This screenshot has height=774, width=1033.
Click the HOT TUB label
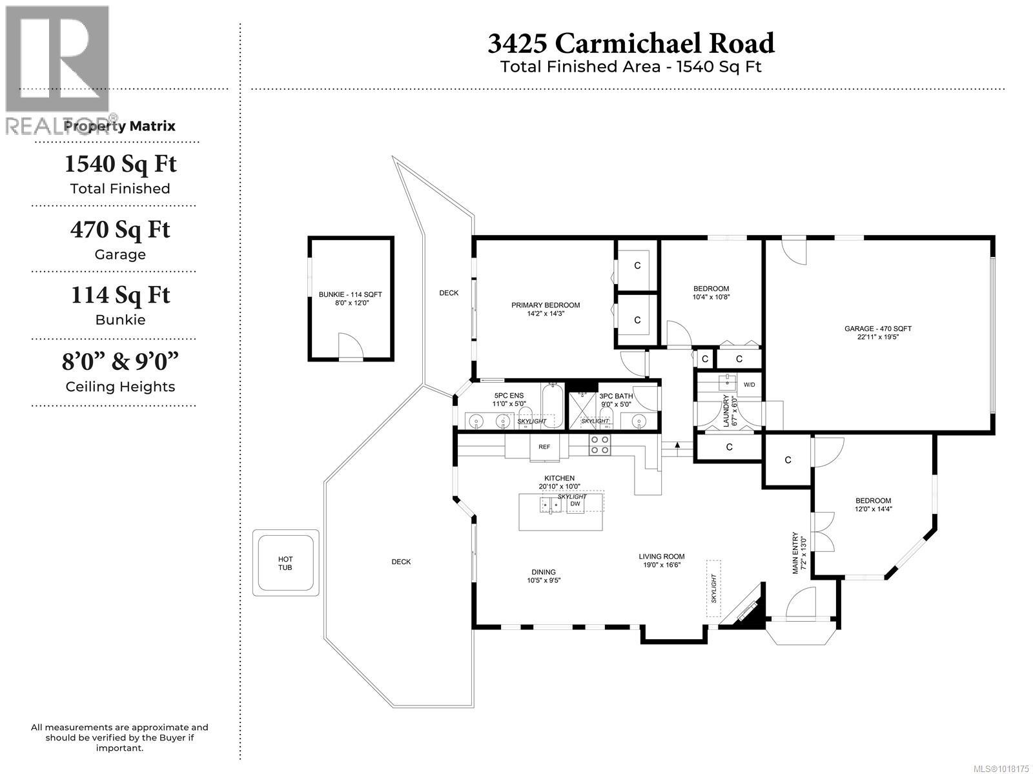[x=285, y=563]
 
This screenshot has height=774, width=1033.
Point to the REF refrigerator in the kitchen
[x=544, y=447]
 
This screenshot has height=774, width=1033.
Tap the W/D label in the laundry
[x=749, y=385]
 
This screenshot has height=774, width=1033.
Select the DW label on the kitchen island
[x=575, y=504]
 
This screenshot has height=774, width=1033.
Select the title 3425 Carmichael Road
[x=631, y=43]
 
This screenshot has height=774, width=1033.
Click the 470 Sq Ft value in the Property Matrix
[x=120, y=230]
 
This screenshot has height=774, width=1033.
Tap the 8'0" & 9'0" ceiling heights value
[x=120, y=362]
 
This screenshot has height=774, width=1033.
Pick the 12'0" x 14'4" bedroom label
[x=873, y=504]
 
